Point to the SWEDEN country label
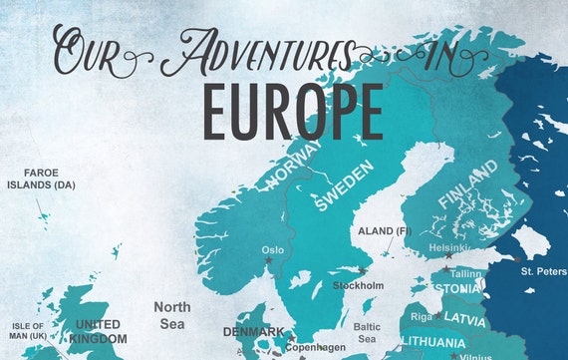[x=344, y=186]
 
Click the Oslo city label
[x=272, y=250]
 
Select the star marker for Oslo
[x=268, y=262]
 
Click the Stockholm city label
[x=358, y=285]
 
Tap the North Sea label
[x=171, y=314]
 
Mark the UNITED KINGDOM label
[x=98, y=331]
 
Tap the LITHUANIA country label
[x=433, y=342]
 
